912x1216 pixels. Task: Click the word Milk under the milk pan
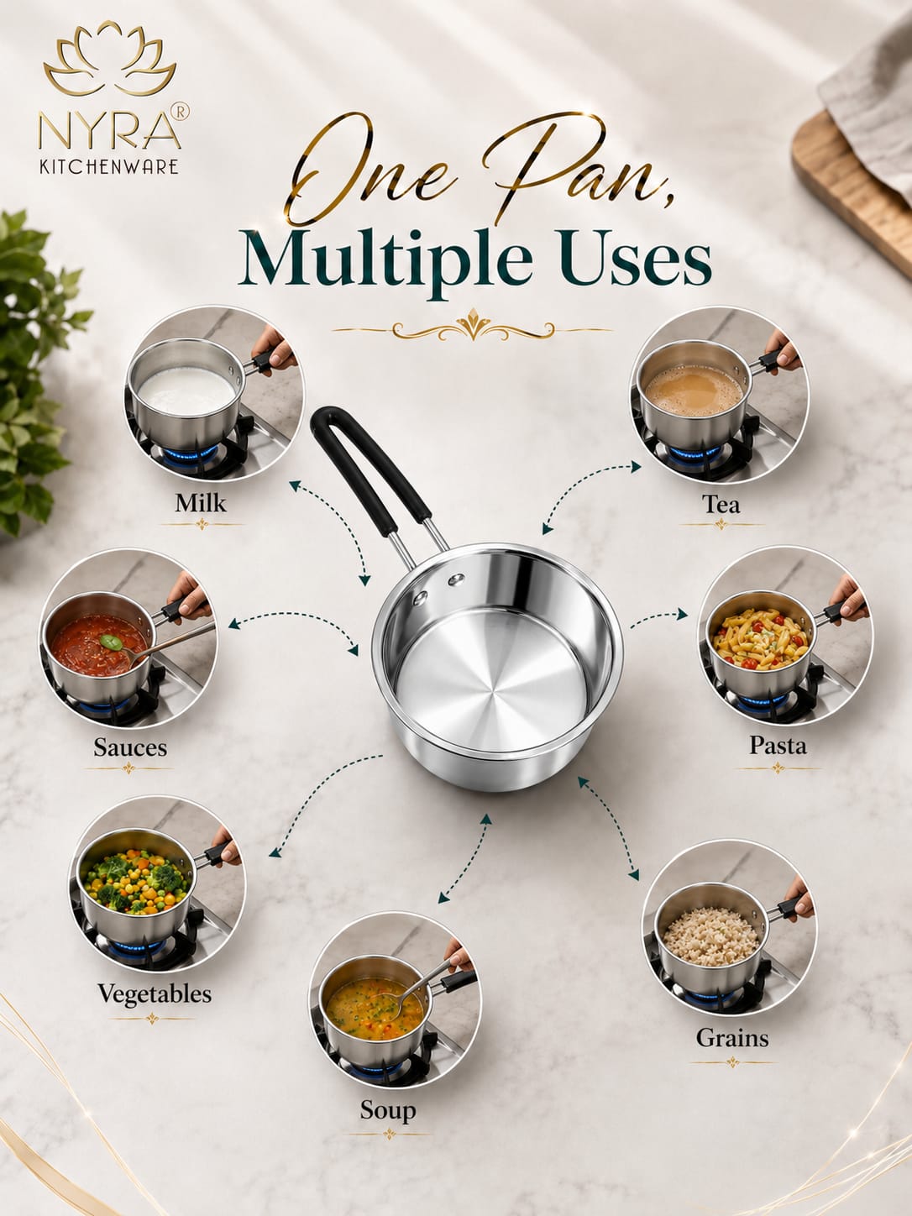click(x=201, y=503)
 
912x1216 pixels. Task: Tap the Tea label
click(x=721, y=504)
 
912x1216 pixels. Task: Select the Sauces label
click(x=130, y=747)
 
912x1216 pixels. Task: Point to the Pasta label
click(x=778, y=745)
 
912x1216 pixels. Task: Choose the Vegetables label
click(x=155, y=993)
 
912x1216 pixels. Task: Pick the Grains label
click(x=732, y=1038)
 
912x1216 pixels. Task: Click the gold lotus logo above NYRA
click(x=110, y=59)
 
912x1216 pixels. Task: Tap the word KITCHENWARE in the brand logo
click(x=109, y=167)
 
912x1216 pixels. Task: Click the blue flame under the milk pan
click(x=186, y=454)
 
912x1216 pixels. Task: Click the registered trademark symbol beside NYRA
click(x=181, y=111)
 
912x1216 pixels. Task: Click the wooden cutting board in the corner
click(x=850, y=182)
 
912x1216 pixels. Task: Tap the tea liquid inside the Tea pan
click(x=694, y=390)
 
